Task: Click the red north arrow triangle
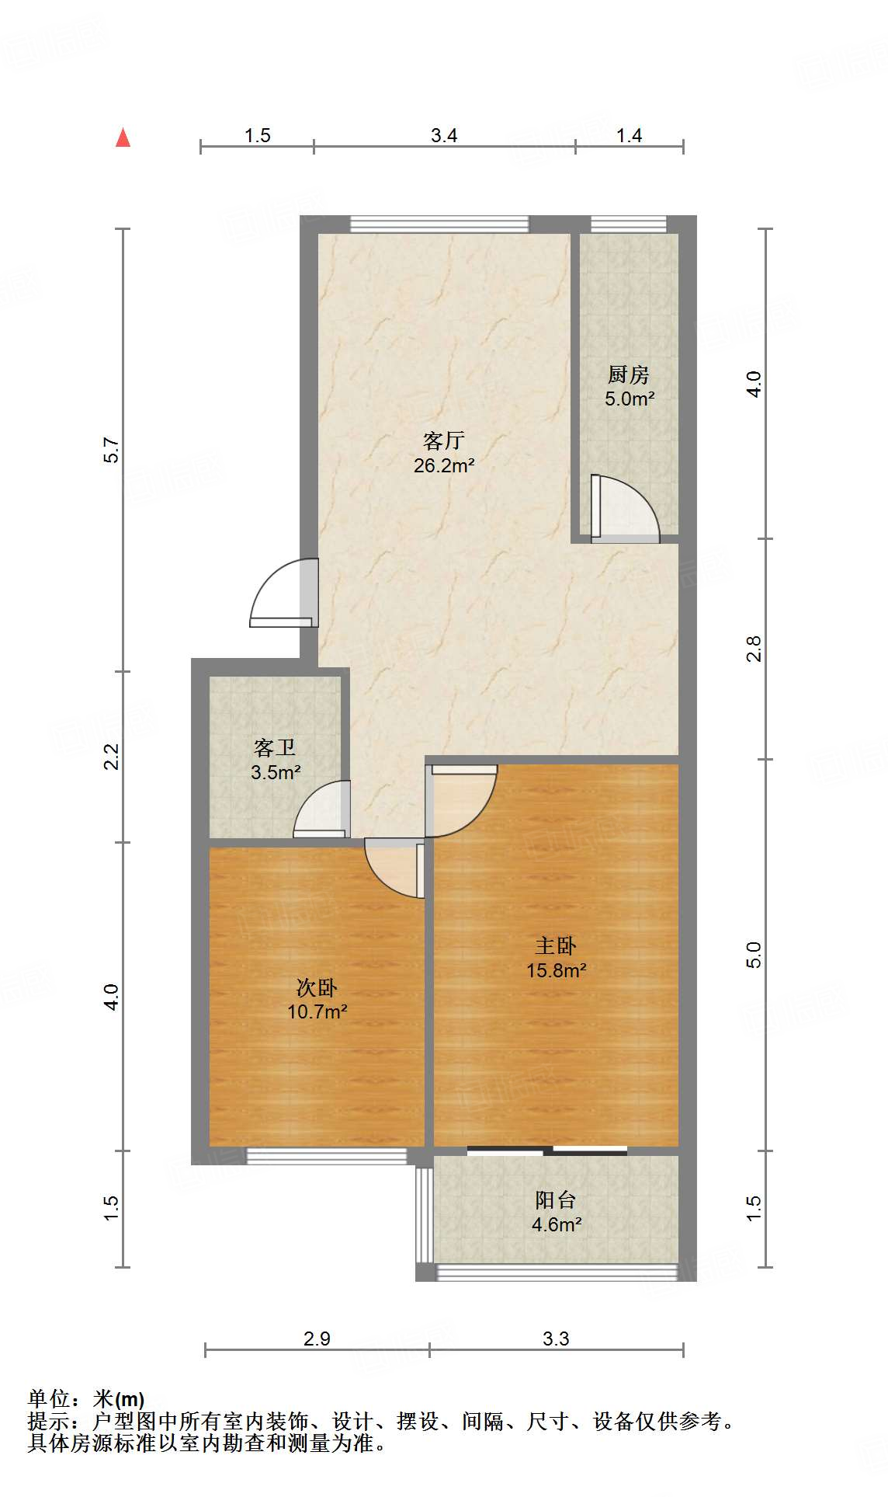(x=123, y=138)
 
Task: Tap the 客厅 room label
(x=443, y=441)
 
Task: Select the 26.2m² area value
(x=443, y=466)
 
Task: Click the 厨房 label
(x=628, y=375)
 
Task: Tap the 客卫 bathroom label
(x=275, y=748)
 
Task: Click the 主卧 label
(x=556, y=946)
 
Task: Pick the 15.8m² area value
(x=556, y=971)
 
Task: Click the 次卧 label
(x=317, y=988)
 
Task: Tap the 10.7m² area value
(x=317, y=1012)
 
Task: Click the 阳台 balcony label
(x=556, y=1200)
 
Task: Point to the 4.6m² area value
(x=556, y=1225)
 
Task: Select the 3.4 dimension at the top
(x=444, y=136)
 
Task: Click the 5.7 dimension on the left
(x=113, y=451)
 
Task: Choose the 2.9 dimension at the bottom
(x=317, y=1339)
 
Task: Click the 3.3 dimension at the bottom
(x=556, y=1339)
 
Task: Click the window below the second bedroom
(x=326, y=1156)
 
